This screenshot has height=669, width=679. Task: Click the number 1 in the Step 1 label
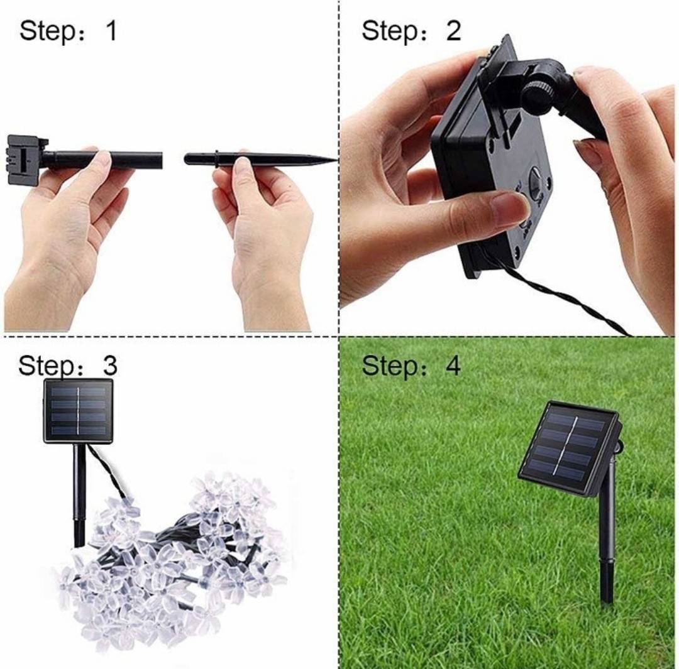click(x=112, y=31)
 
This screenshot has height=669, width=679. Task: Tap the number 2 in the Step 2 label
click(x=453, y=31)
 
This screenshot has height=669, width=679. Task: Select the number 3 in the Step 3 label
click(x=109, y=365)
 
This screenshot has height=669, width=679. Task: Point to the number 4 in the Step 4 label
click(x=453, y=366)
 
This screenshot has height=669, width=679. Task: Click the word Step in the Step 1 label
click(x=48, y=32)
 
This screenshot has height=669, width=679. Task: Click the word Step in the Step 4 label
click(x=390, y=367)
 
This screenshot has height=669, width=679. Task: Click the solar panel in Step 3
click(x=79, y=411)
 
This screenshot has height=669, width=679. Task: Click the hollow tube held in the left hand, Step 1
click(x=103, y=160)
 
